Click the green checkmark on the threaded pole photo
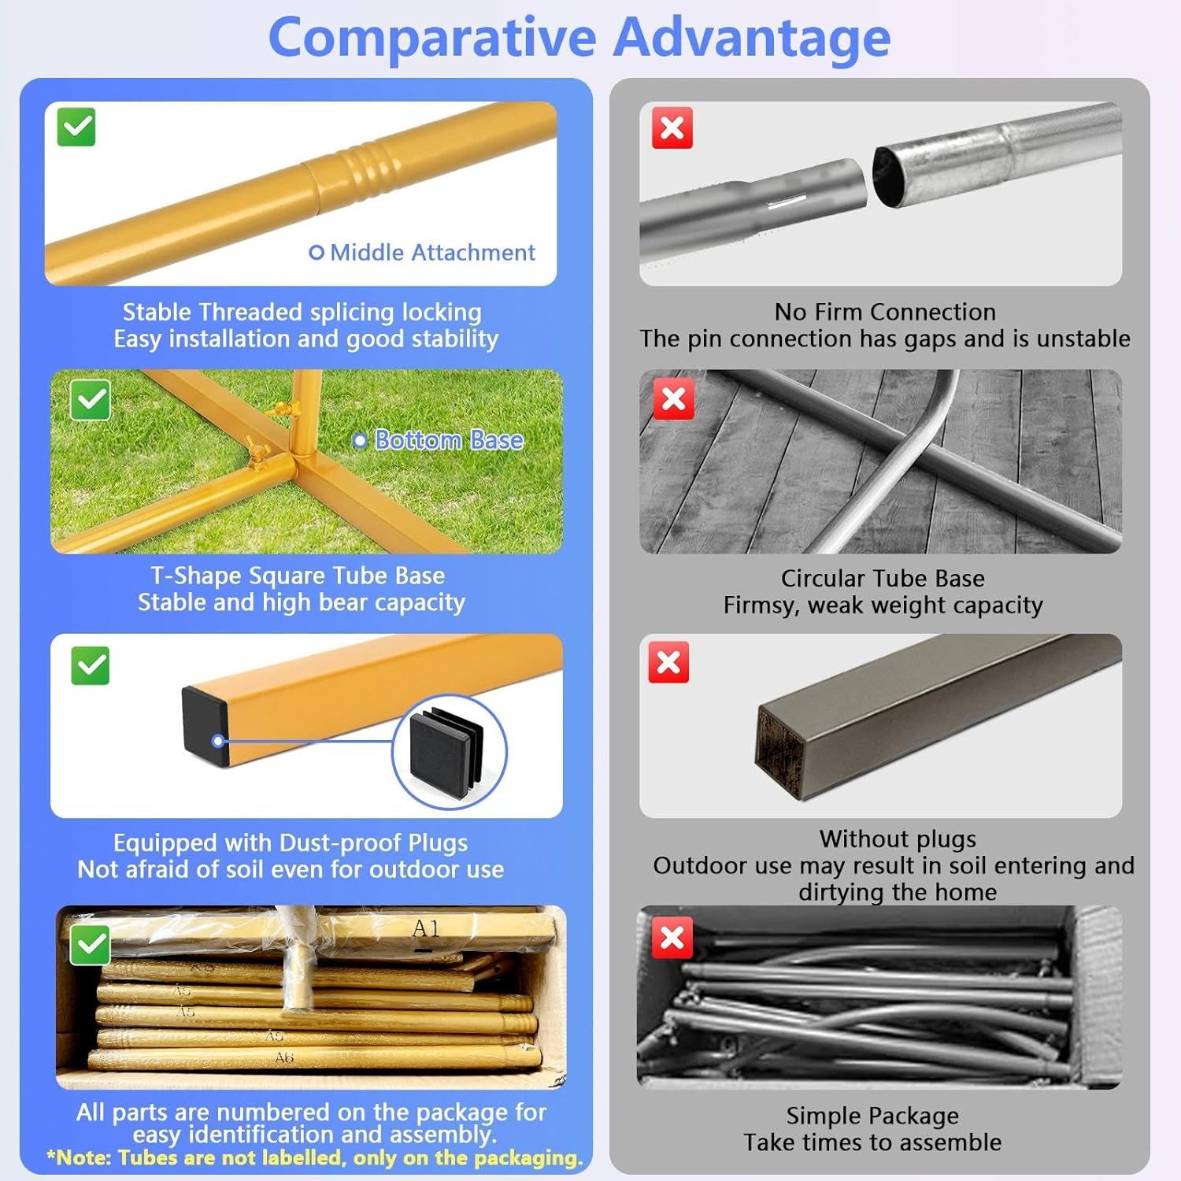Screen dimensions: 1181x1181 pos(76,128)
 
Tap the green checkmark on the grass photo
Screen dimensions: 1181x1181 pos(90,400)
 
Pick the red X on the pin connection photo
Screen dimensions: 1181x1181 pos(672,128)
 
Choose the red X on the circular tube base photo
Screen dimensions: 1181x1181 pos(674,398)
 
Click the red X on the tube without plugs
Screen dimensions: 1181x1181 pos(668,662)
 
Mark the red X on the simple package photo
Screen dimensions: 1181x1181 pos(672,938)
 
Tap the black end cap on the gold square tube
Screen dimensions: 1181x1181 pos(205,725)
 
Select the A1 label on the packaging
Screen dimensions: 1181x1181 pos(426,929)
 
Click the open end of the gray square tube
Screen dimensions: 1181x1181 pos(780,749)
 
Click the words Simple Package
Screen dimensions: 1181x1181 pos(872,1116)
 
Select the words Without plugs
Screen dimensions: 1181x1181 pos(898,839)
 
